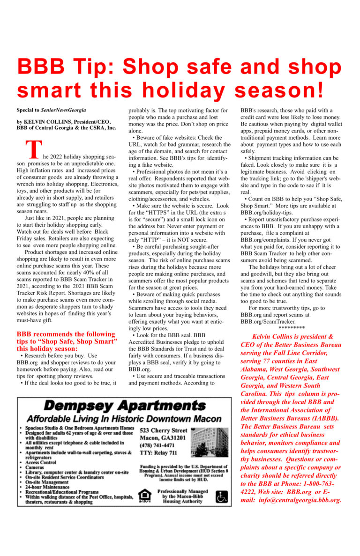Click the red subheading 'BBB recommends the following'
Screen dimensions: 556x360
pyautogui.click(x=66, y=334)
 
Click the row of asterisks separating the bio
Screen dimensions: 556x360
pyautogui.click(x=292, y=328)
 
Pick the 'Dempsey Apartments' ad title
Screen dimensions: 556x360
pyautogui.click(x=124, y=405)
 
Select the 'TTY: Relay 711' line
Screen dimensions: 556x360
pyautogui.click(x=158, y=452)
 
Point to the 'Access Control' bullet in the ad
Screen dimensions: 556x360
pyautogui.click(x=42, y=462)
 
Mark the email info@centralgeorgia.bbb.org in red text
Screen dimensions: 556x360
pyautogui.click(x=298, y=500)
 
